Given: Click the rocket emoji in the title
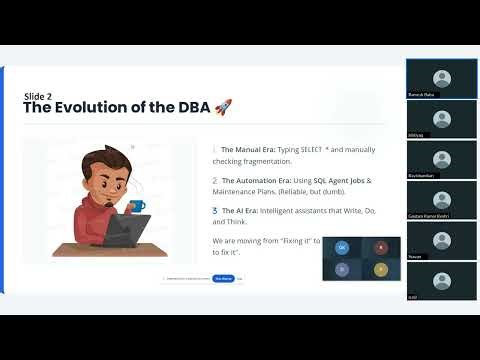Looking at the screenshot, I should (x=221, y=107).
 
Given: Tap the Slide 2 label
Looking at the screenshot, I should (x=38, y=96).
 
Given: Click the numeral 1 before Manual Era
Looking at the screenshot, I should (x=214, y=149).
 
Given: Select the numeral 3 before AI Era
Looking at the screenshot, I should (x=214, y=210).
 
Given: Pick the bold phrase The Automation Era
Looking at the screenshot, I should (x=253, y=180).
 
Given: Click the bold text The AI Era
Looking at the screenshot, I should (x=237, y=210).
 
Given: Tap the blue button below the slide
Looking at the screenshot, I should (x=223, y=279).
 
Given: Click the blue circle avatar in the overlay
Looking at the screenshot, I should (x=342, y=246).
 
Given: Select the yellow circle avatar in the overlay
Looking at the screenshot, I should (x=379, y=268).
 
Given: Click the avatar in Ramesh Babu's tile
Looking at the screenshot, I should (x=441, y=77).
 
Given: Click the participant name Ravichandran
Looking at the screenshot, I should (x=423, y=174).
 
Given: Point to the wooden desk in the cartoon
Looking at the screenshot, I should (x=110, y=248).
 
